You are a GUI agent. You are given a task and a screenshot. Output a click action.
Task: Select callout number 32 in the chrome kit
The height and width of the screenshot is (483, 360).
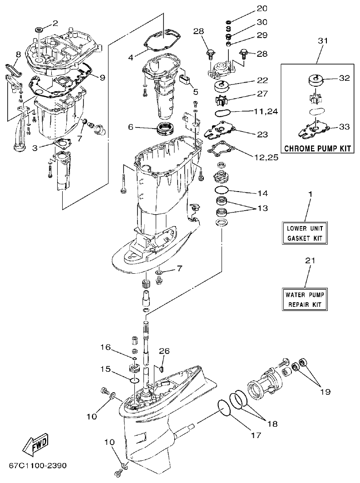point(344,78)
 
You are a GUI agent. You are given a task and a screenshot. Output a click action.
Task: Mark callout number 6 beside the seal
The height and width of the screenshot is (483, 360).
point(131,128)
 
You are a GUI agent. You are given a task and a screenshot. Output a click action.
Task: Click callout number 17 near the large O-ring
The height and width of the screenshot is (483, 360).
point(256,435)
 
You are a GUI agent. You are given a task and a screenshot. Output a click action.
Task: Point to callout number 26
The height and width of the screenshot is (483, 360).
point(164,351)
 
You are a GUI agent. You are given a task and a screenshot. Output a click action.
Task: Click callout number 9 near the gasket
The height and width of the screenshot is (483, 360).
point(102,77)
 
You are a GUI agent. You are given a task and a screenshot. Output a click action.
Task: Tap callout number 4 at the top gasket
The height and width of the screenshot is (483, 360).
point(131,58)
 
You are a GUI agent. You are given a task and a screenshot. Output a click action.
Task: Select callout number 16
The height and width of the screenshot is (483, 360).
point(105,347)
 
